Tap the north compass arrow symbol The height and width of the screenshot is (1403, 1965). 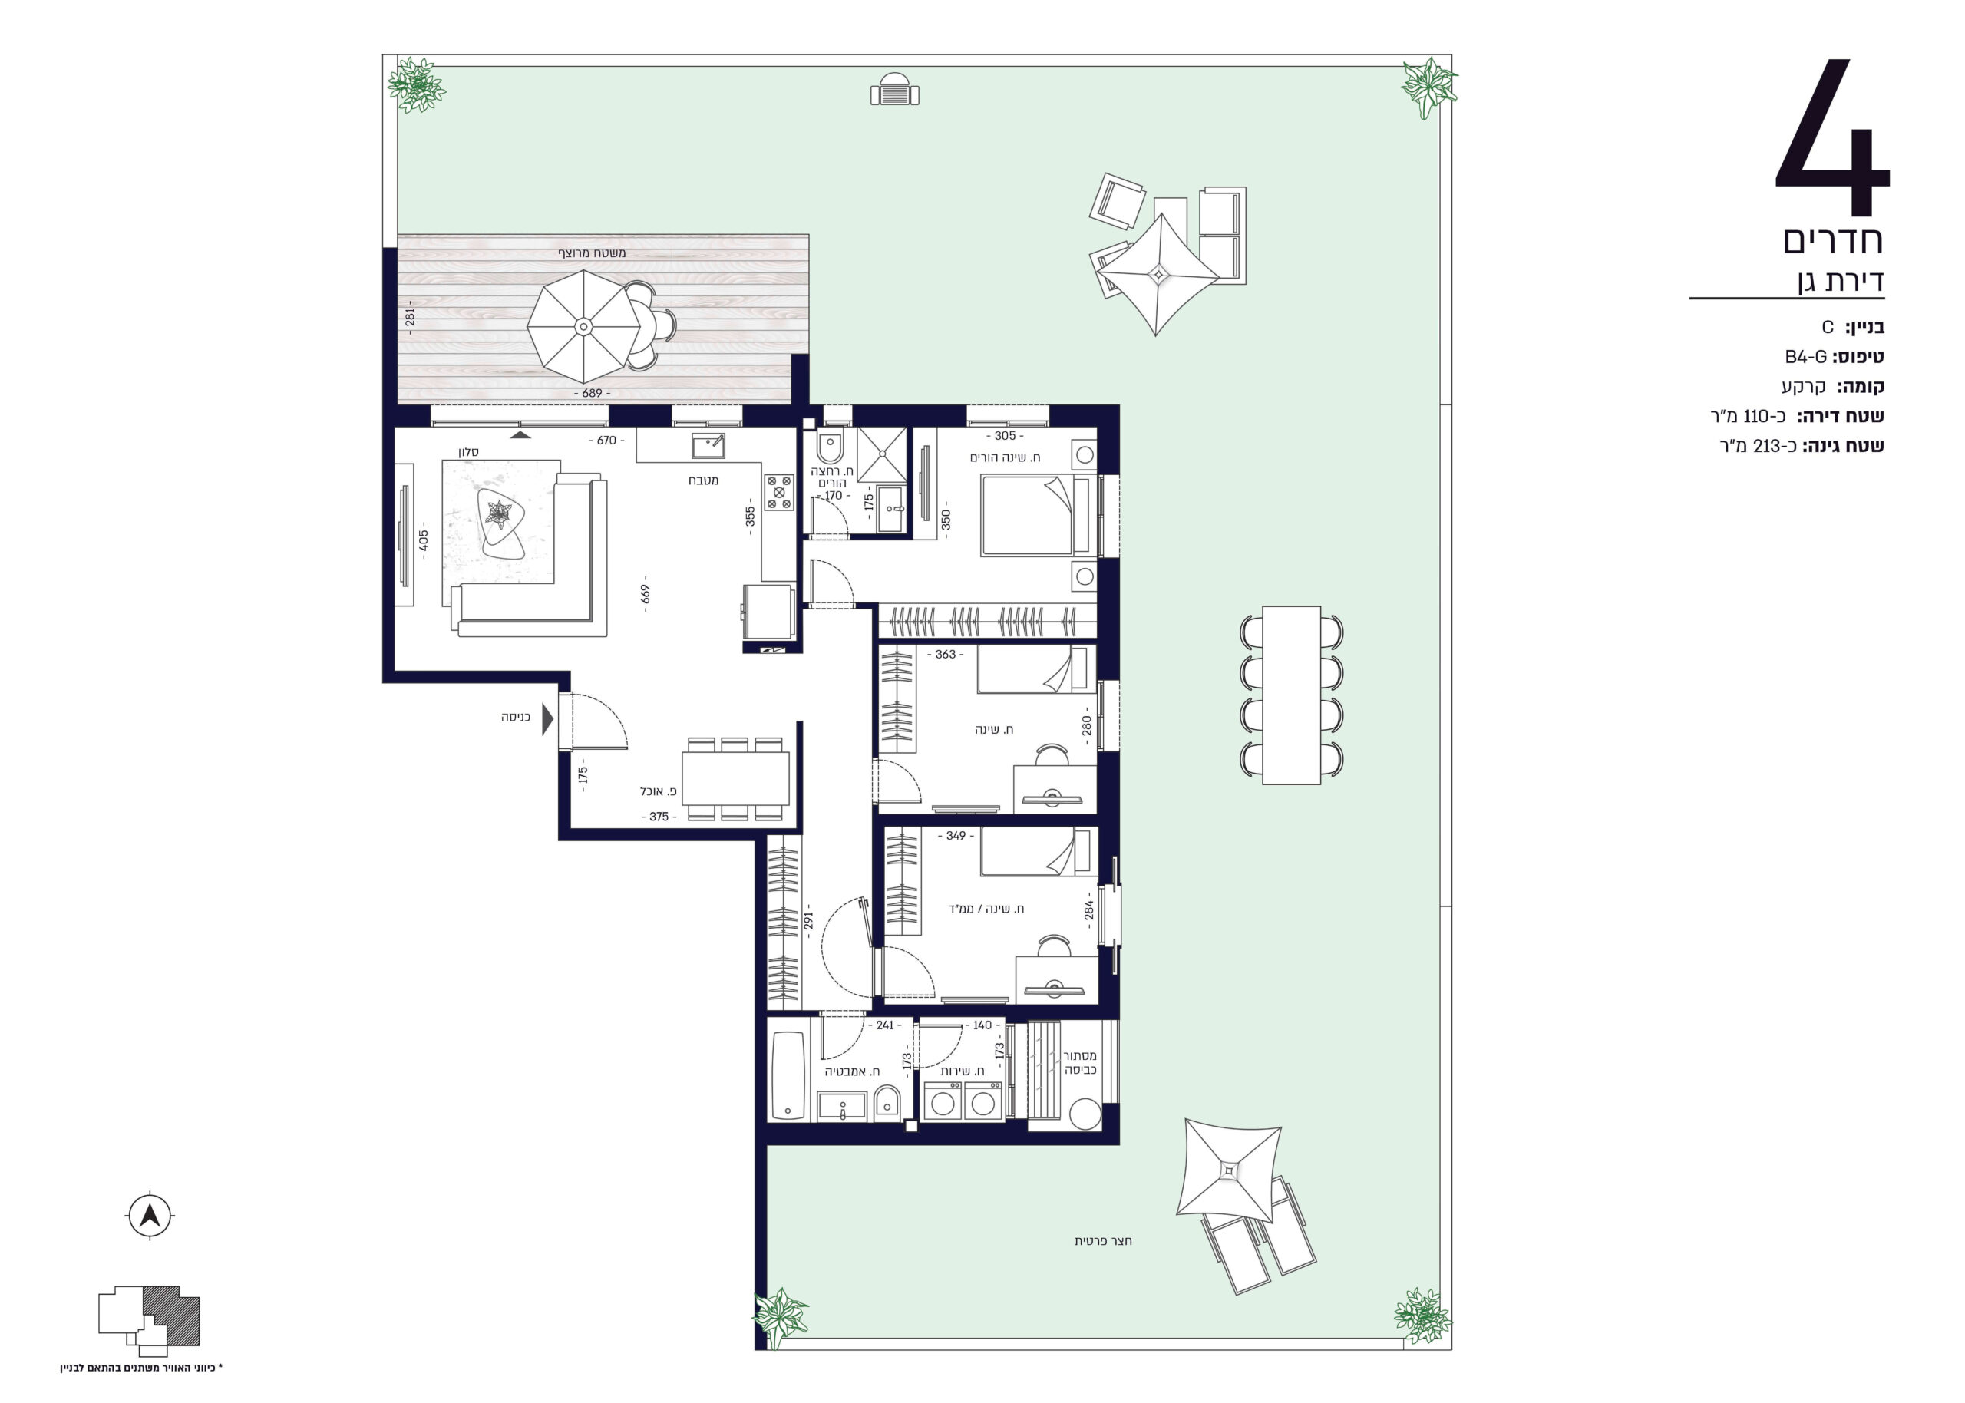point(150,1216)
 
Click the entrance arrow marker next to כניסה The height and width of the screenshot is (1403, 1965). point(547,718)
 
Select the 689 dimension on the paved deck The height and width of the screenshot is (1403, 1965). point(592,393)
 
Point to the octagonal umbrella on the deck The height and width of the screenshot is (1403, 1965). point(584,326)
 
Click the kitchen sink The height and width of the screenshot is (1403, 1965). point(708,446)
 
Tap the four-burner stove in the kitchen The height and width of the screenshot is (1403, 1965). point(778,493)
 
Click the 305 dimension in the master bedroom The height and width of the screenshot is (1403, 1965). point(1005,436)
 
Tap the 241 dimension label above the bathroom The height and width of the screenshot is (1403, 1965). point(885,1025)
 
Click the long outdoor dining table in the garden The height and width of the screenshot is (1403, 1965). point(1291,695)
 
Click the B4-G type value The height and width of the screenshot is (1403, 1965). point(1806,357)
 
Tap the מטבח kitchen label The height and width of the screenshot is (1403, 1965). point(703,480)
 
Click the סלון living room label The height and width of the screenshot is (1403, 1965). point(468,452)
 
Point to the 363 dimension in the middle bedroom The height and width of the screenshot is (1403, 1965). point(946,654)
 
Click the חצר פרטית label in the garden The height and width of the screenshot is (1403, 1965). point(1103,1240)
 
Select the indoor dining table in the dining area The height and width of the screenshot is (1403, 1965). point(735,778)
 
